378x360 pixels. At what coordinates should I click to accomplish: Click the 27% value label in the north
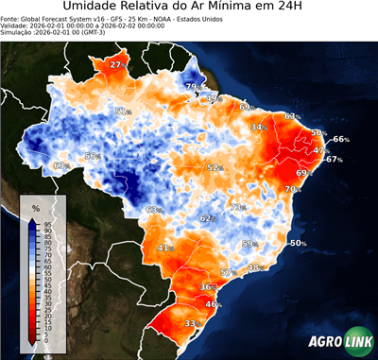[116, 64]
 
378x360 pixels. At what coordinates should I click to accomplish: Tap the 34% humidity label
[257, 127]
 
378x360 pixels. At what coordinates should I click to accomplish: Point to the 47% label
[320, 150]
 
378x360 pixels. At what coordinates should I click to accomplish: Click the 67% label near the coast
[333, 160]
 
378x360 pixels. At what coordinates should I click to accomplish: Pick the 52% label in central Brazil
[215, 167]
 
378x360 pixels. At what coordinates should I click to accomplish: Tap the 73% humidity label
[237, 207]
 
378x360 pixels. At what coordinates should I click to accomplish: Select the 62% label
[207, 218]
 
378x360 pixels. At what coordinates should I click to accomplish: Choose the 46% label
[214, 304]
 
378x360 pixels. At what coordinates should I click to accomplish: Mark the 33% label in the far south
[191, 323]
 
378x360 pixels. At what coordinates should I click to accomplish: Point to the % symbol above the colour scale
[35, 207]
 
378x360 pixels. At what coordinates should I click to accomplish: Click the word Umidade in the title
[94, 9]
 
